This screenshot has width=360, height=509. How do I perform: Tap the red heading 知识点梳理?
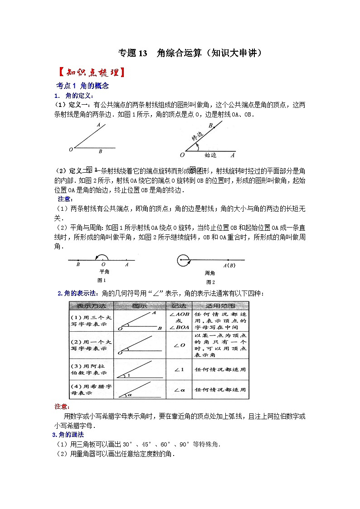pos(90,73)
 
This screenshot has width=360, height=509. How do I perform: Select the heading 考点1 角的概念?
pos(82,86)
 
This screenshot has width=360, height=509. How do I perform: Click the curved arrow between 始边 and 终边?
pos(196,146)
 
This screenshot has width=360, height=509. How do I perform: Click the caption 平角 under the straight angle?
pos(104,272)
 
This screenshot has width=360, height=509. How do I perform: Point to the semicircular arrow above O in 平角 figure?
pos(102,256)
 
